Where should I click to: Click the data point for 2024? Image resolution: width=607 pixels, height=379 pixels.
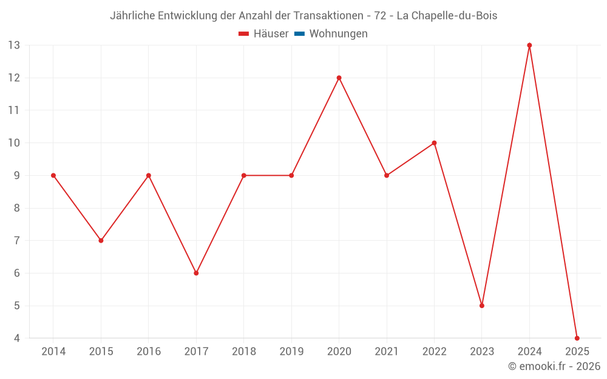pos(529,45)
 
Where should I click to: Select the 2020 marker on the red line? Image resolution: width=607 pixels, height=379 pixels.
pos(339,78)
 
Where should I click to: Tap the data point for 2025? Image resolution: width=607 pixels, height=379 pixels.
pos(577,338)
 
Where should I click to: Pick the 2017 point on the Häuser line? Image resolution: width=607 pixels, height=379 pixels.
pos(196,273)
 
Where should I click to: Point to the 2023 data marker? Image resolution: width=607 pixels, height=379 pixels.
pos(482,306)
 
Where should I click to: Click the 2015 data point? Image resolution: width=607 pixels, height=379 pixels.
pos(101,241)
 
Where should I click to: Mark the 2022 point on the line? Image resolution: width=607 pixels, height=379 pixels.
pos(434,143)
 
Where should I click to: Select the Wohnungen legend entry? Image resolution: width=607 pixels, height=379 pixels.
pos(338,34)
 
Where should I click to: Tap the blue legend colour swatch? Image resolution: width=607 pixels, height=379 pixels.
pos(299,34)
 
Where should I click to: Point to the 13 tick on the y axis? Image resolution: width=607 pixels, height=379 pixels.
pos(14,45)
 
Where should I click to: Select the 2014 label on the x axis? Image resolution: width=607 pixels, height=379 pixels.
pos(53,352)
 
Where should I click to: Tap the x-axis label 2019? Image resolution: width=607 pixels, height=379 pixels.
pos(291,352)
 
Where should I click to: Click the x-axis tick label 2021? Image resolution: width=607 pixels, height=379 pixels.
pos(387,352)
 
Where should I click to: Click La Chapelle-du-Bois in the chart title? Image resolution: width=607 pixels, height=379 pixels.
pos(447,16)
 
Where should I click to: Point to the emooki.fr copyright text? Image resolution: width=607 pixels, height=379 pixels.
pos(554,366)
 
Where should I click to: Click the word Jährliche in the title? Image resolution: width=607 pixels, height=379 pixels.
pos(132,16)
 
